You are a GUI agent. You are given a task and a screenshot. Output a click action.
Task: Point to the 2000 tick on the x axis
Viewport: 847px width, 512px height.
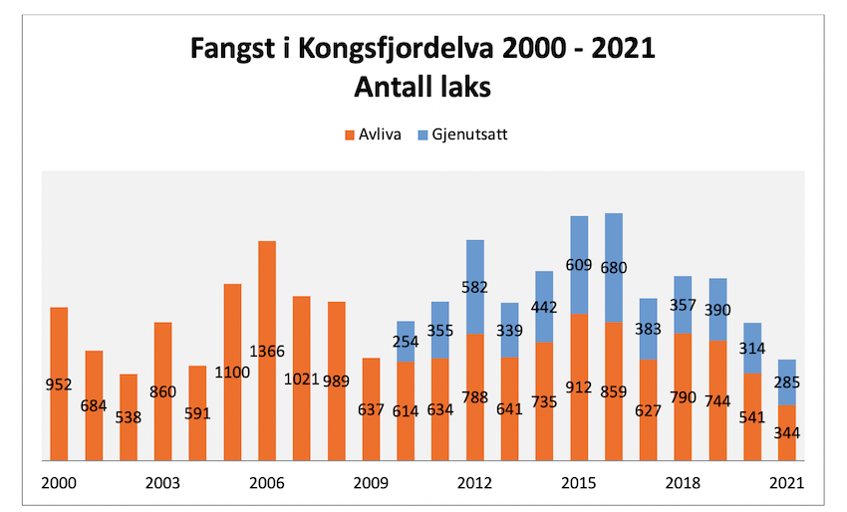coord(59,483)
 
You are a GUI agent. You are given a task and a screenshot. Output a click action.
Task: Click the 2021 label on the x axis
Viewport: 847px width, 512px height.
coord(787,483)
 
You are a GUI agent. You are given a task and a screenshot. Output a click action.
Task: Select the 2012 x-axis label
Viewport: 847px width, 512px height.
coord(475,483)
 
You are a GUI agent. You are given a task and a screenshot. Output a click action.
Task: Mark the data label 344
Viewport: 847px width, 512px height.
coord(787,432)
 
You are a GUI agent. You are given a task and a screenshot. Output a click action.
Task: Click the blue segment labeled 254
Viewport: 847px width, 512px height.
coord(406,342)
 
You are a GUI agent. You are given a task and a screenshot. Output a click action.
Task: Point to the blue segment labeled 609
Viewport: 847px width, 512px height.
coord(579,265)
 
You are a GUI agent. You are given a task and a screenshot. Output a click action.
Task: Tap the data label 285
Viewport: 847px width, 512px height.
coord(787,383)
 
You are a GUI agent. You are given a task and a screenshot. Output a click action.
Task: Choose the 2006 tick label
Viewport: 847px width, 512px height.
coord(267,483)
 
